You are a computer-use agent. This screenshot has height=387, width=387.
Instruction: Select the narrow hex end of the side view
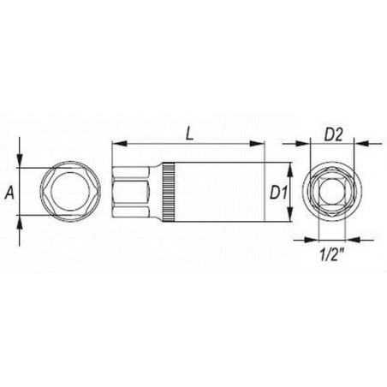(133, 187)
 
